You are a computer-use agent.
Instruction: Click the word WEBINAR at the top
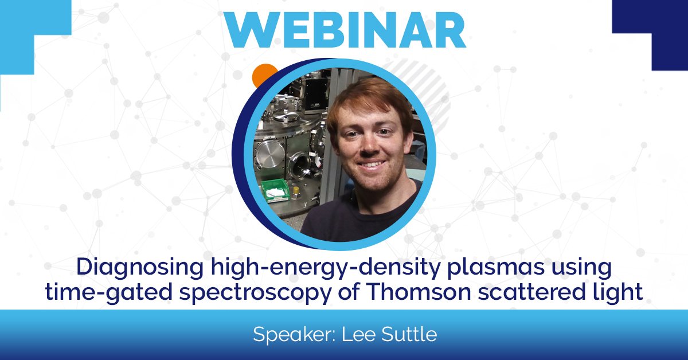[x=344, y=29]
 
